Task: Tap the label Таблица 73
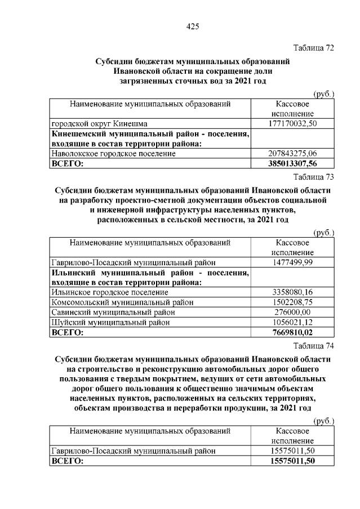point(313,177)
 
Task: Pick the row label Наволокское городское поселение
point(113,153)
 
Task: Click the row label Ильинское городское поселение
point(109,292)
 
